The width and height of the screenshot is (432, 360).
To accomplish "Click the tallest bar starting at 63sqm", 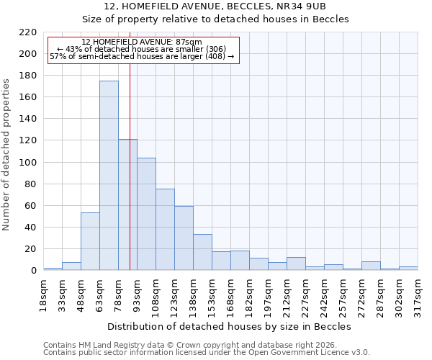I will coord(109,176).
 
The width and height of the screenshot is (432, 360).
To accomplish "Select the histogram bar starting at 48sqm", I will coord(90,241).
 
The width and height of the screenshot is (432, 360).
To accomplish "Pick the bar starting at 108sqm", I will coord(165,230).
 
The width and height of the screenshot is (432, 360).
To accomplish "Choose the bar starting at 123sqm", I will coord(184,238).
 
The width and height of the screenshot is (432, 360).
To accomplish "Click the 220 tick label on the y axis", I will coord(28,32).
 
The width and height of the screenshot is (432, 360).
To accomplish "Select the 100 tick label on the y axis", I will coord(28,163).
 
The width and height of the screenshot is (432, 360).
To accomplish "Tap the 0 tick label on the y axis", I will coord(33,271).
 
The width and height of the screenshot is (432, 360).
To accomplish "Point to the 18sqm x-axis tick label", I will coord(44,294).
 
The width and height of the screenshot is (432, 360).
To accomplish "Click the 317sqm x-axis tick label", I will coord(418,294).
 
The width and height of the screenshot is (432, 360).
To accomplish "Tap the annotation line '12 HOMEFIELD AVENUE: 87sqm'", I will coord(142,42).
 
